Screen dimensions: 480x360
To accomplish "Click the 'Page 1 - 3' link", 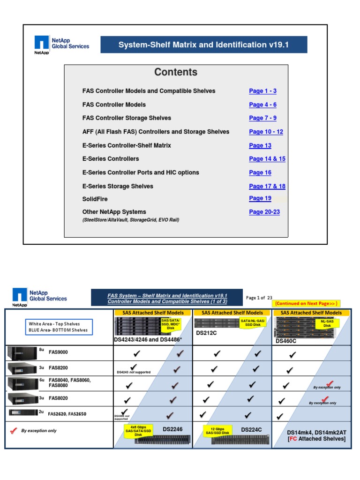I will coord(262,91).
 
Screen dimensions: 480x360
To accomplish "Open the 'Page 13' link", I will coord(260,145).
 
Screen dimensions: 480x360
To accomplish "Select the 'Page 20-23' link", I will coord(264,212).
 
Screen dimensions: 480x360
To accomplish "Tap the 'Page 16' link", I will coord(260,172).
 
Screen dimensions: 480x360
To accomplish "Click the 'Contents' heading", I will coord(176,72).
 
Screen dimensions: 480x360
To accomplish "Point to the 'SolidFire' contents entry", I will coord(95,199).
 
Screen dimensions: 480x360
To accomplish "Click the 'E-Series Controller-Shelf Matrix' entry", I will coord(127,145).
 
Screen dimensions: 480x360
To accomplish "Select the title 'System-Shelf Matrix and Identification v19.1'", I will coord(203,45).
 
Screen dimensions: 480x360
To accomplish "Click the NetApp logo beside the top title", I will coord(42,45).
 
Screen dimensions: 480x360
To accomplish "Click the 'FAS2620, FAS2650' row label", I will coord(67,414).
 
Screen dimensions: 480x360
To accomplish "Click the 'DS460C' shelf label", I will coord(287,341).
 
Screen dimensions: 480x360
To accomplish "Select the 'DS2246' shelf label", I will coord(172,429).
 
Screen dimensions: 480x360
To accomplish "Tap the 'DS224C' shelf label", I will coord(251,429).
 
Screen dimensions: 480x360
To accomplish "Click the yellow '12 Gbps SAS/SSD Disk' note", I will coord(217,431).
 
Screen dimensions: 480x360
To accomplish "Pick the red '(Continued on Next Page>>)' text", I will coord(306,303).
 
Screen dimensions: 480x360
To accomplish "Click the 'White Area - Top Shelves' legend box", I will coord(59,327).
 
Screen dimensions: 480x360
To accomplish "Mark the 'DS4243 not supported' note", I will coord(134,372).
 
